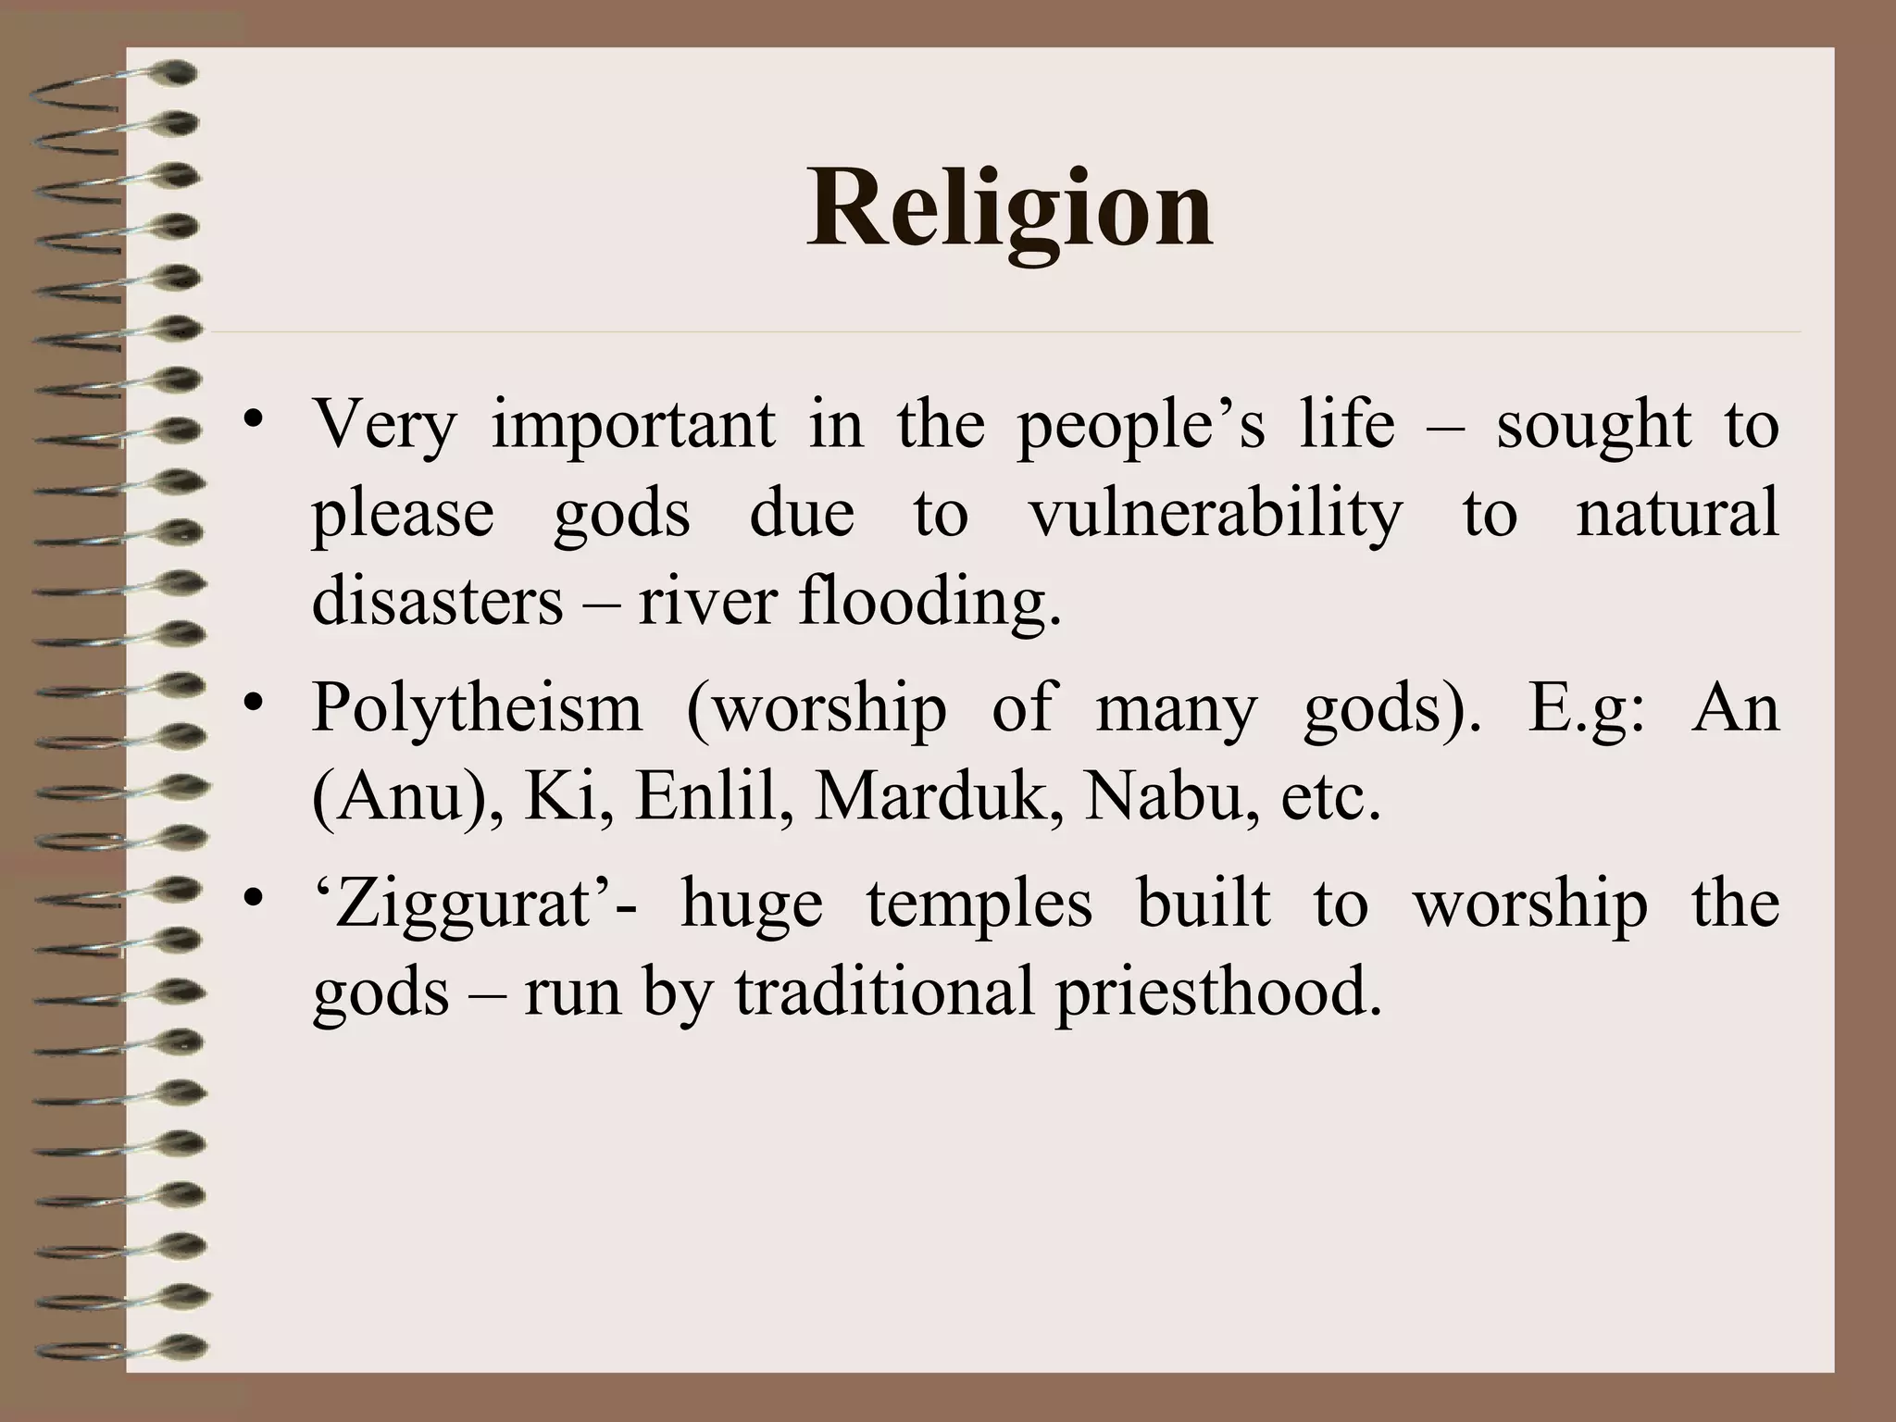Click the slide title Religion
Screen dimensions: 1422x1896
click(x=1009, y=211)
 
